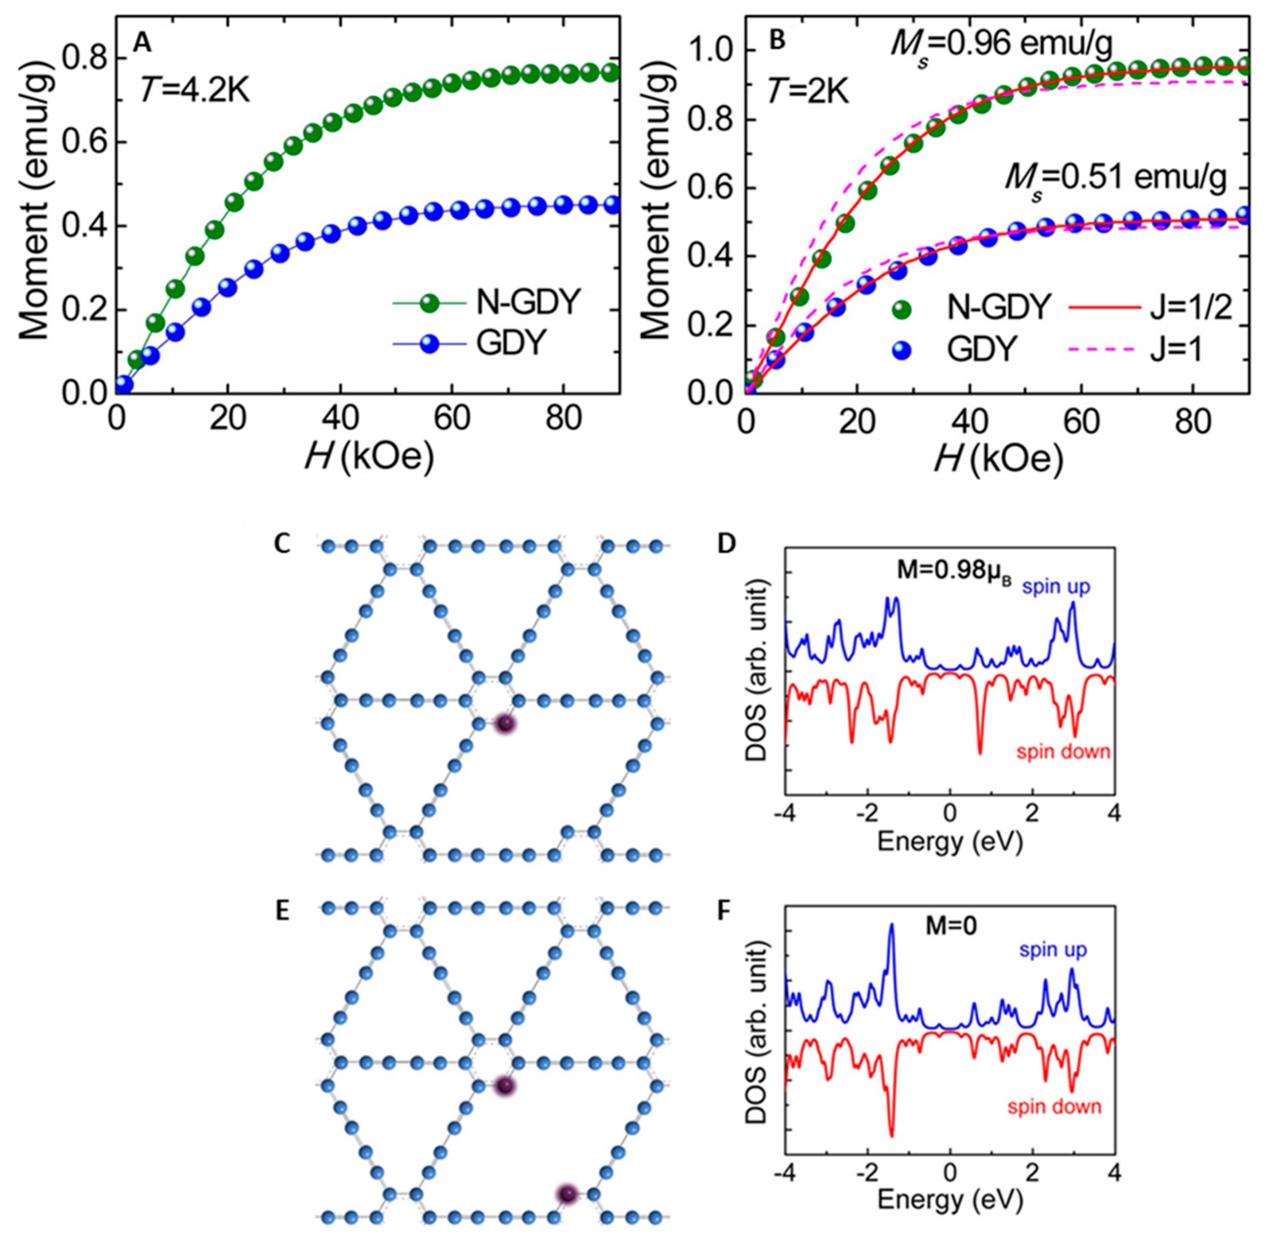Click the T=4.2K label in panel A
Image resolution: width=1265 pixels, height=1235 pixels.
click(x=195, y=91)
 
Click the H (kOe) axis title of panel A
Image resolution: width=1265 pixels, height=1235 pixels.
click(x=368, y=458)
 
